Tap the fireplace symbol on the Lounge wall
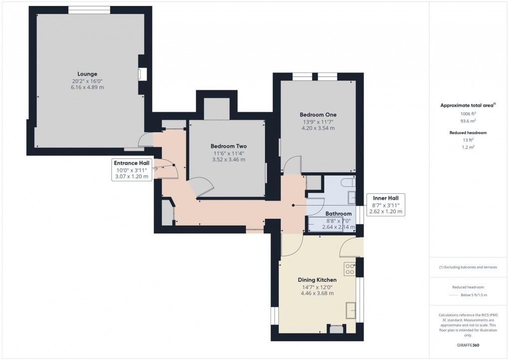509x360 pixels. coord(142,74)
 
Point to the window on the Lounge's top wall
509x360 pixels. coord(89,10)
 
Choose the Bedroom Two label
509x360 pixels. coord(229,146)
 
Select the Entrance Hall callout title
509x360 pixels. coord(131,163)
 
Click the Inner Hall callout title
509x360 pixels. coord(385,197)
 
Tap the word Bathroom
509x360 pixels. coord(338,214)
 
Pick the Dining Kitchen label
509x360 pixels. coord(317,280)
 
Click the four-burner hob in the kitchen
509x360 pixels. coord(349,269)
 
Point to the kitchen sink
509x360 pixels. coord(350,310)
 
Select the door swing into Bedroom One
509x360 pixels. coord(292,165)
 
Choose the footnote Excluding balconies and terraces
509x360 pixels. coord(468,267)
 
